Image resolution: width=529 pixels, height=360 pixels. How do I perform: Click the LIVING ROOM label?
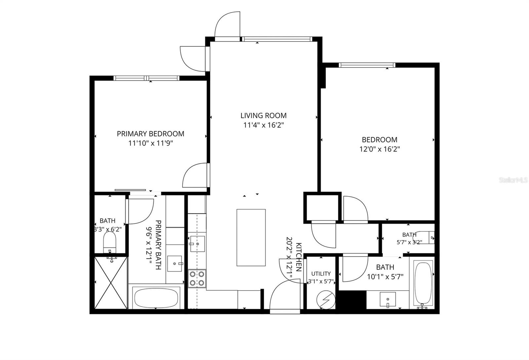point(263,116)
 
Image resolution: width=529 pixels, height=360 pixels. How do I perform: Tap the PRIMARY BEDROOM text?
point(150,134)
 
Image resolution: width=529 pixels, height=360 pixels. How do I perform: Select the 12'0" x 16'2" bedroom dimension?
point(380,149)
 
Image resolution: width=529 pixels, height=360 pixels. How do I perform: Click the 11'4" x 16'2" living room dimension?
point(263,125)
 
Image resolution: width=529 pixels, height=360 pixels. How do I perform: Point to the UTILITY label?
point(321,274)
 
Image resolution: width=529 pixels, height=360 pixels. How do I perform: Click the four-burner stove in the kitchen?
point(197,279)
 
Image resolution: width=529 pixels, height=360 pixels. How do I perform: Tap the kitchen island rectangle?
point(251,237)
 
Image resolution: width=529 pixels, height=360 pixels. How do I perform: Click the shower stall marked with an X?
point(111,283)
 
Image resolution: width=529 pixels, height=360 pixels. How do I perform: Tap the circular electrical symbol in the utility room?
point(326,300)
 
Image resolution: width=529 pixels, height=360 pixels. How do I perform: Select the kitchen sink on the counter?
point(197,244)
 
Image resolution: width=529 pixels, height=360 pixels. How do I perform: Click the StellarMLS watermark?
point(513,180)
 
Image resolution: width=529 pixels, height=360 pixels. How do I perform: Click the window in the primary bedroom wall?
point(146,78)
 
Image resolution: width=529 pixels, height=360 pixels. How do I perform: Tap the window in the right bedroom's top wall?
point(367,65)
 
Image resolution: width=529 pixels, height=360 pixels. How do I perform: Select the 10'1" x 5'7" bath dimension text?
point(385,277)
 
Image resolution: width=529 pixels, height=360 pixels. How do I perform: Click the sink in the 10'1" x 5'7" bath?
point(387,299)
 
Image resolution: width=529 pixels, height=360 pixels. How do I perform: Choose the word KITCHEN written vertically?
point(299,257)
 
